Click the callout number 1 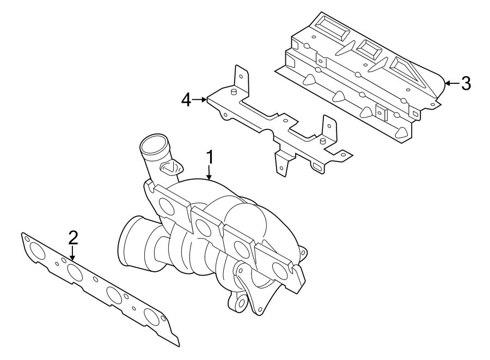[x=210, y=158]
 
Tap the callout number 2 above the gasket [x=73, y=237]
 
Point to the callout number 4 [x=186, y=100]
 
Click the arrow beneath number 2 [x=73, y=253]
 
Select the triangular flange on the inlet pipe [x=171, y=167]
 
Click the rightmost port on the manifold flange [x=278, y=269]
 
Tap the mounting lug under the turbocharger [x=238, y=303]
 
